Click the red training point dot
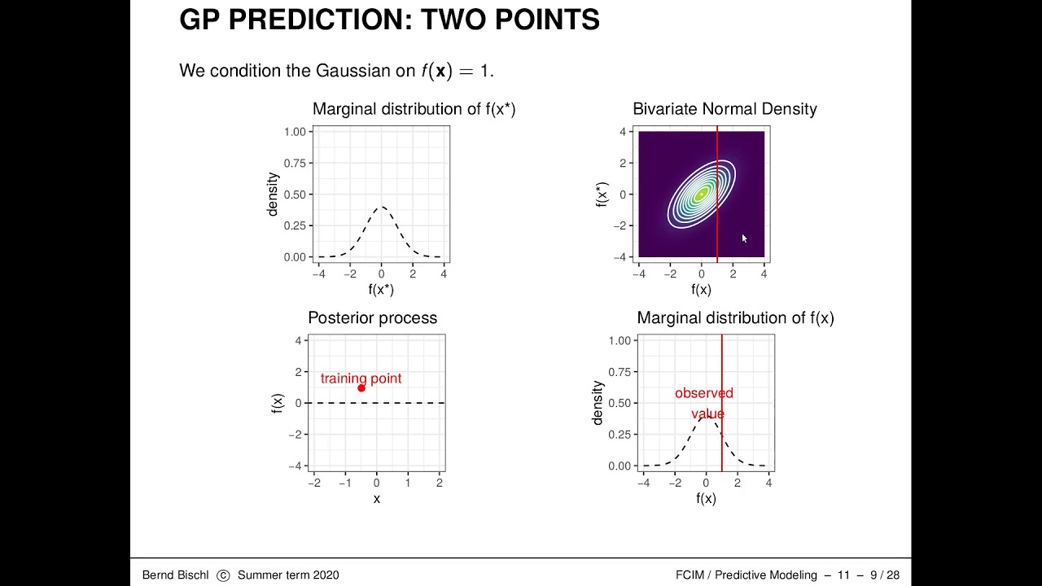pos(361,388)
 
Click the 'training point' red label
pos(361,378)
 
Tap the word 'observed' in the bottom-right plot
pos(704,393)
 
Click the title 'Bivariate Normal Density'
pos(725,109)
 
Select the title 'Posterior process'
pos(372,318)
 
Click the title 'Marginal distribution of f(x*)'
pos(414,109)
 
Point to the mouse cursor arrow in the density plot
pos(744,238)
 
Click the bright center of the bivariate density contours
pos(701,195)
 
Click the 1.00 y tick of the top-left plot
pos(295,132)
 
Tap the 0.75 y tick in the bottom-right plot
pos(620,372)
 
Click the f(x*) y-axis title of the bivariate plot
pos(602,195)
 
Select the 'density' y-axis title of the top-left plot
pos(273,194)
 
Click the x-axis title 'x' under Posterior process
pos(376,499)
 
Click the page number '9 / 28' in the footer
pos(885,575)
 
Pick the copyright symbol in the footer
pos(224,575)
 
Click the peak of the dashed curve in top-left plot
pos(381,207)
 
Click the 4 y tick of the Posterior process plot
pos(298,340)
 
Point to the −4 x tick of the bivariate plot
pos(638,274)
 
